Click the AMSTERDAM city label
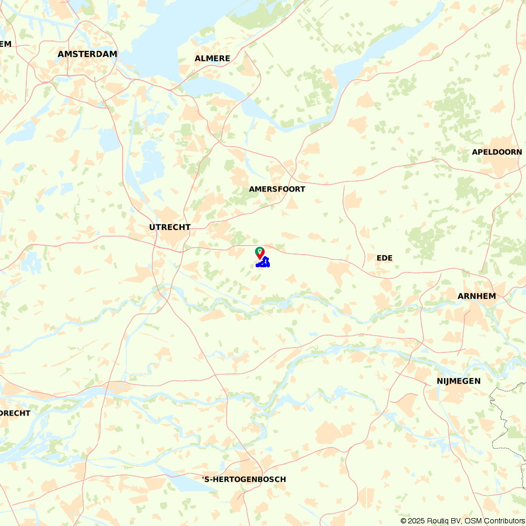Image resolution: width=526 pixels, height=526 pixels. (x=87, y=54)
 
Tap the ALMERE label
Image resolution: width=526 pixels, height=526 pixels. (x=213, y=58)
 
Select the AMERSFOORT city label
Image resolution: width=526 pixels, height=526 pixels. (x=277, y=189)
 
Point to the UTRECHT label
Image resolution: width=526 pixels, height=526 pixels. (x=170, y=227)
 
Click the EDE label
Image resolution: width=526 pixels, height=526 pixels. (x=385, y=258)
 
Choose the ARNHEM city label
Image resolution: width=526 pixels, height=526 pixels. (x=477, y=296)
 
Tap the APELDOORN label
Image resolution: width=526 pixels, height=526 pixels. (x=497, y=152)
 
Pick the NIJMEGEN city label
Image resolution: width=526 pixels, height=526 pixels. (x=459, y=381)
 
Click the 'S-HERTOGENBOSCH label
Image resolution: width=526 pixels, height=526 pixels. (x=245, y=479)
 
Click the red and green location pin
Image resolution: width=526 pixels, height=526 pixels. (x=259, y=253)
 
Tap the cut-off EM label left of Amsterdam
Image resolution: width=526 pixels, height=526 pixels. (x=5, y=44)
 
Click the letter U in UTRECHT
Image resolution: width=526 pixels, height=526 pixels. (x=152, y=227)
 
